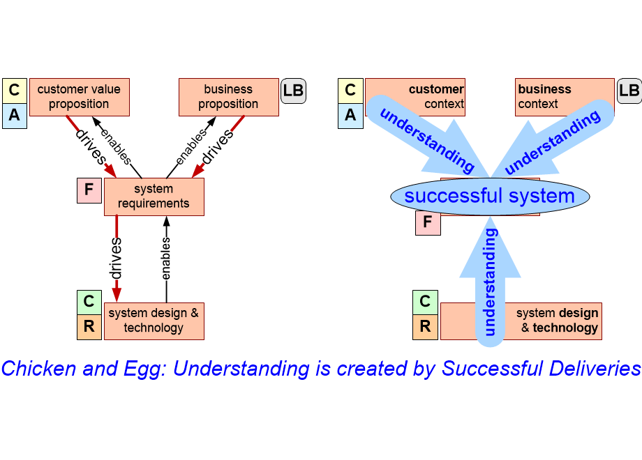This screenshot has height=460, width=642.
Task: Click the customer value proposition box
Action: (80, 97)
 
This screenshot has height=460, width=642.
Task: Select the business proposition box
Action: (229, 97)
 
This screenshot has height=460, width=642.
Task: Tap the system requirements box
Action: (154, 197)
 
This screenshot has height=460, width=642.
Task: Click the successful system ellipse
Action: (490, 197)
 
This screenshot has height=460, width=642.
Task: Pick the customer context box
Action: (415, 97)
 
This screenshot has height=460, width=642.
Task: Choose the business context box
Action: (565, 97)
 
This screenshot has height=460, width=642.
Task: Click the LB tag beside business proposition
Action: (293, 91)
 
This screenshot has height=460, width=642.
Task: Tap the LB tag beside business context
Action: (629, 91)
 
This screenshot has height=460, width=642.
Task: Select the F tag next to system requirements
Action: (89, 190)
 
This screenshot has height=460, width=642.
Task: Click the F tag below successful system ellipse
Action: (428, 222)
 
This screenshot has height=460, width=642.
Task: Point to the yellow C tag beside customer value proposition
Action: (15, 91)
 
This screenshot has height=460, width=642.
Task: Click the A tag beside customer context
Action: (350, 116)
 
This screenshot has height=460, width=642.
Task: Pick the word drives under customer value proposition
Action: (91, 147)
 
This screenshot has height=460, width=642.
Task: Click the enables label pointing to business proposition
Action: (192, 146)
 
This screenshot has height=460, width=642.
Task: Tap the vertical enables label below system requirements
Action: (165, 259)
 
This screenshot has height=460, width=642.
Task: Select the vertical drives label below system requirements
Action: (116, 259)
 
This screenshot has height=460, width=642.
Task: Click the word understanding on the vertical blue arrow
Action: (490, 282)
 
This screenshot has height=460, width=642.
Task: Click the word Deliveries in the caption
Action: (595, 369)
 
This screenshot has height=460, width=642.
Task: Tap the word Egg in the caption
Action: (144, 369)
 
